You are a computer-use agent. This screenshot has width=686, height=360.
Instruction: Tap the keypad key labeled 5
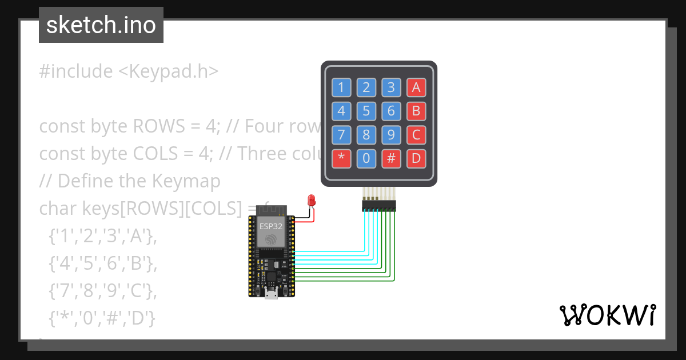366,110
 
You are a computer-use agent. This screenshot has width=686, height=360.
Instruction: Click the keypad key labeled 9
391,135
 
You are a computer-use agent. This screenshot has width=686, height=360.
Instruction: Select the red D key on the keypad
416,159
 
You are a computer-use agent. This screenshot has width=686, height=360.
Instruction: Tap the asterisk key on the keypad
341,159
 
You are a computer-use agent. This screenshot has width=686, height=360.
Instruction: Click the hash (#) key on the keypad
391,159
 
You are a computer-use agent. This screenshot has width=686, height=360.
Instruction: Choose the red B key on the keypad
416,110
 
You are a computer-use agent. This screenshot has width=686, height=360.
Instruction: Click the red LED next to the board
312,200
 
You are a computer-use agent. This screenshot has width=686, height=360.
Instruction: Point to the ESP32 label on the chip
271,226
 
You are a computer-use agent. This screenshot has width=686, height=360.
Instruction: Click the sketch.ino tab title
101,25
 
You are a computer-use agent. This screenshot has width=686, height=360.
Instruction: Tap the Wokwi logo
607,315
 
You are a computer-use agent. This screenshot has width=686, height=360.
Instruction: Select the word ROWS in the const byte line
159,126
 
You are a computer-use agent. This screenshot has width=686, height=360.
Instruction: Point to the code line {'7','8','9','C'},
102,291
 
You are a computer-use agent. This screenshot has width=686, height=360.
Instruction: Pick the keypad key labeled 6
391,110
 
